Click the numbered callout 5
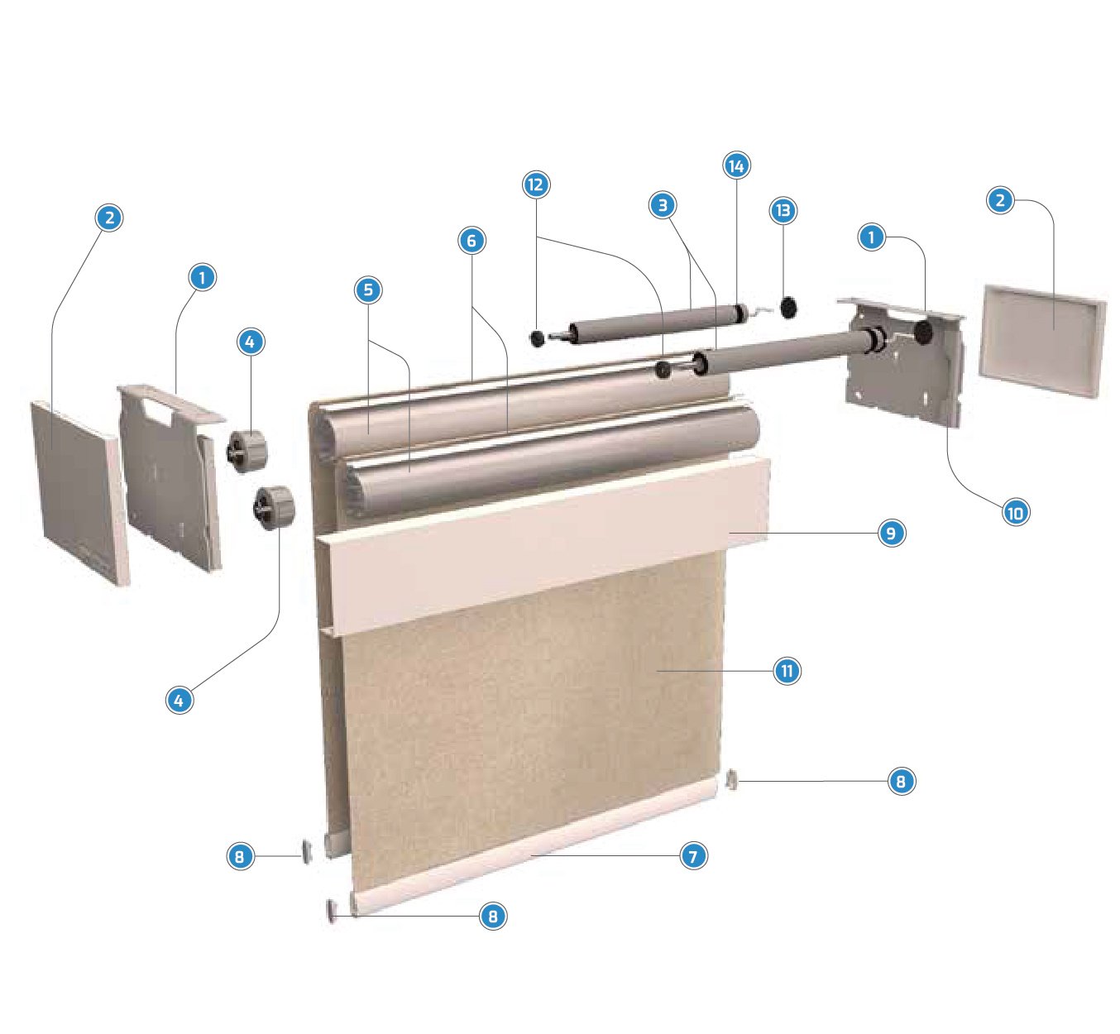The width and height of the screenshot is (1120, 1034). pyautogui.click(x=368, y=290)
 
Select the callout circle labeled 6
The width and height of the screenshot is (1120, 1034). pyautogui.click(x=471, y=241)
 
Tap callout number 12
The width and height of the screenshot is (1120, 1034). pyautogui.click(x=536, y=184)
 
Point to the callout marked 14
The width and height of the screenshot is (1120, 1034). pyautogui.click(x=735, y=165)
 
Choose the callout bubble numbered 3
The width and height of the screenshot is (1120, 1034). pyautogui.click(x=662, y=205)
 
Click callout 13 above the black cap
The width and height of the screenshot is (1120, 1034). pyautogui.click(x=783, y=211)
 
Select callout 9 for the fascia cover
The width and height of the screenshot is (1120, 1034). pyautogui.click(x=890, y=534)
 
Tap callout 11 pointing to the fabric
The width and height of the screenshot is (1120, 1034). pyautogui.click(x=787, y=671)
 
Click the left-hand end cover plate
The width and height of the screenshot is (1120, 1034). pyautogui.click(x=79, y=492)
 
